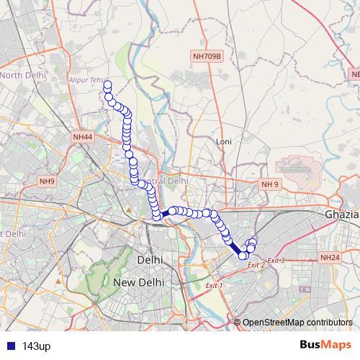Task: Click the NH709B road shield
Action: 208,55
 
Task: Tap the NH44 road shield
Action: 83,137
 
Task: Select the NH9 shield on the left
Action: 47,181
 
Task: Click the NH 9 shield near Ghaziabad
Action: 269,184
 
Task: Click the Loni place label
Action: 223,142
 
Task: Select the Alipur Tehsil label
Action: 88,80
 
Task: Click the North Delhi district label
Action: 23,75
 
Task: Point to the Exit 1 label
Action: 215,286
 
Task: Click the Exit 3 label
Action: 276,260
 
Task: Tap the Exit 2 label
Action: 256,266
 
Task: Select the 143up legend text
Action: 36,346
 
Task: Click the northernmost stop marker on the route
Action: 108,86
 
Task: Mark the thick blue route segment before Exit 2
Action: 235,244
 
